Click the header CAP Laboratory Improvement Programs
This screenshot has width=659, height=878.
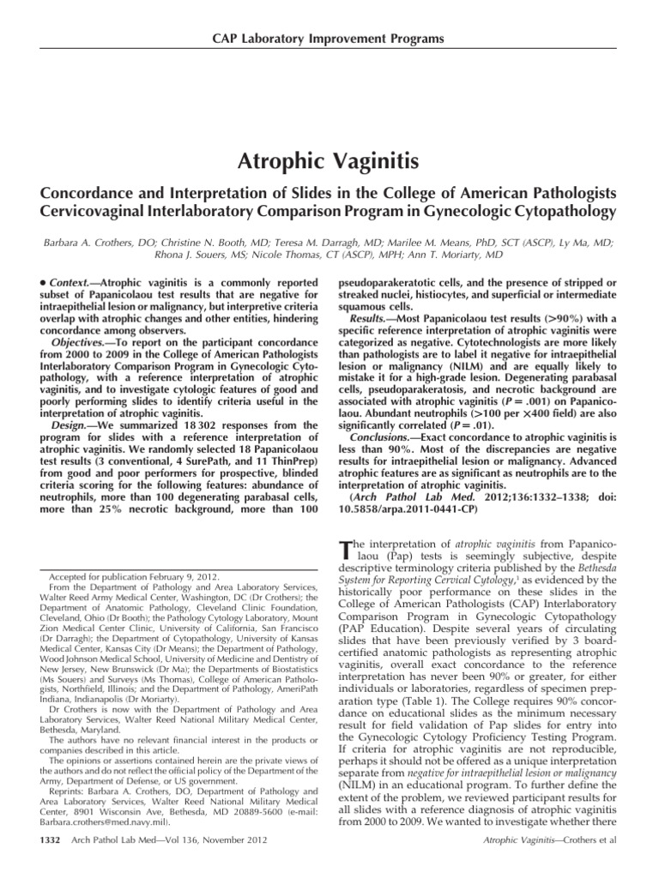(329, 39)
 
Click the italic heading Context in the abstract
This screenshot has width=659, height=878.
(70, 282)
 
